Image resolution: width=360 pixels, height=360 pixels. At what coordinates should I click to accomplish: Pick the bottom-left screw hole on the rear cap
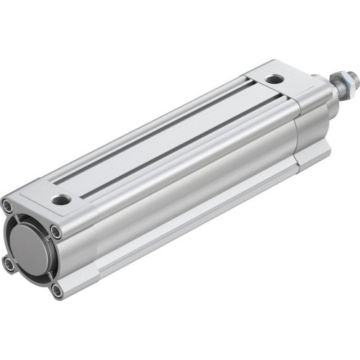coord(9,265)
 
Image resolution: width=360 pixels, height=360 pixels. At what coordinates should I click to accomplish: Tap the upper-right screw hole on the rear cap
coord(55,231)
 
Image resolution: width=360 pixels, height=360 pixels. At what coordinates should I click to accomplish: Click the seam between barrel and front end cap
coord(296,137)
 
